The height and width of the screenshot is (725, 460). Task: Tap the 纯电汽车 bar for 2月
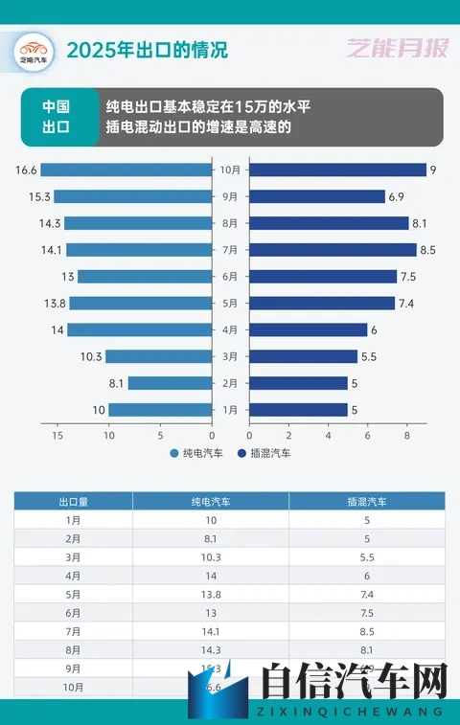(170, 383)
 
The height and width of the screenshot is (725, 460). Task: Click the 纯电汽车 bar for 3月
(158, 356)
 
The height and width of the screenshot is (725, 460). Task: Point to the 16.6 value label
(26, 170)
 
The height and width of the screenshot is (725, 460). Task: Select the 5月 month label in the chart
(230, 304)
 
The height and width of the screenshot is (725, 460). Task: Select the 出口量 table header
(73, 501)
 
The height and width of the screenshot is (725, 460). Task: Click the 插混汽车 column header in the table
(366, 501)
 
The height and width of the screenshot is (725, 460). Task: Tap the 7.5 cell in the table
(366, 613)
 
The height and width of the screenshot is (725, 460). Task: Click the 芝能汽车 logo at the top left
(33, 51)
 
